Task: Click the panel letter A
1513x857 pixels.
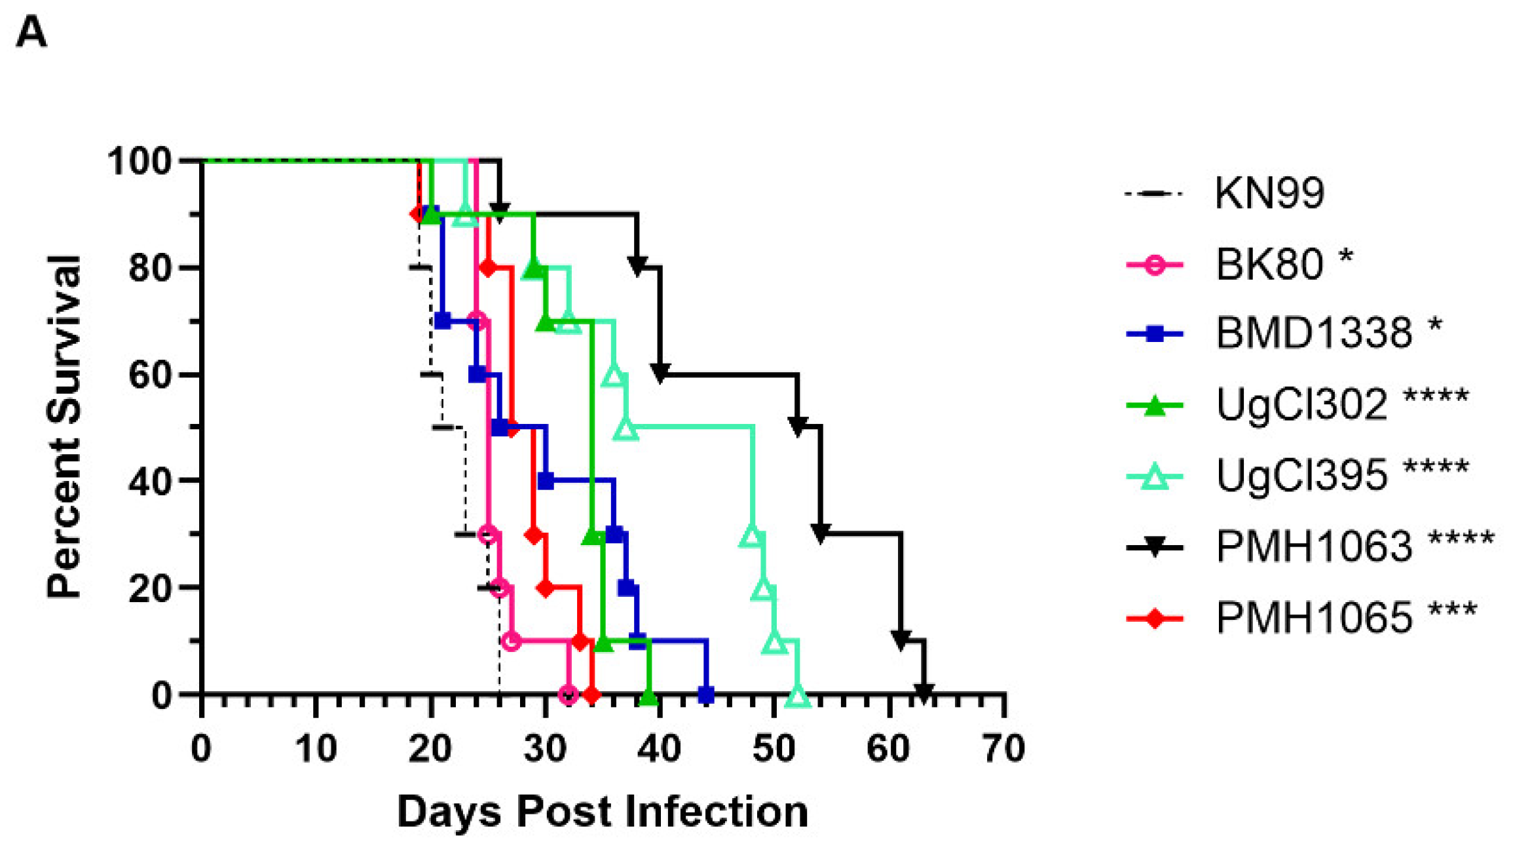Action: tap(31, 31)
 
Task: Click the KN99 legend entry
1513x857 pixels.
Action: tap(1269, 193)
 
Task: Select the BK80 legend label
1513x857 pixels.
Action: tap(1269, 264)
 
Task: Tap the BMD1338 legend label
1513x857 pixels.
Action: tap(1313, 333)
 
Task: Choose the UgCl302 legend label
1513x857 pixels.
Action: tap(1301, 404)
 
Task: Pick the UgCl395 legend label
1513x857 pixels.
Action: tap(1301, 474)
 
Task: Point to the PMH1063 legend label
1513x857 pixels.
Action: tap(1313, 545)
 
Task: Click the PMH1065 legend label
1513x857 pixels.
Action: tap(1313, 617)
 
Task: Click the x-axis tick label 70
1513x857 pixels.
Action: tap(1003, 748)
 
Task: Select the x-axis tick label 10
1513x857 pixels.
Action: tap(316, 748)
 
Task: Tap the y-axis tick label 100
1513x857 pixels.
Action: tap(140, 161)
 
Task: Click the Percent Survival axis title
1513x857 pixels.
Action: tap(64, 427)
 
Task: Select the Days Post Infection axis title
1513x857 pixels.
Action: tap(602, 812)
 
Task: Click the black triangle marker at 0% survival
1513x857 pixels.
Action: tap(924, 693)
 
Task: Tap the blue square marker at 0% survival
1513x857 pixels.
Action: tap(705, 695)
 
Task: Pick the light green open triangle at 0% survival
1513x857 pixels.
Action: tap(797, 696)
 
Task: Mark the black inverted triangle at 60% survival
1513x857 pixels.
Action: tap(660, 373)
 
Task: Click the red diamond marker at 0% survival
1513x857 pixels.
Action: tap(591, 695)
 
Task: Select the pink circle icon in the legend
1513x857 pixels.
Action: tap(1155, 265)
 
